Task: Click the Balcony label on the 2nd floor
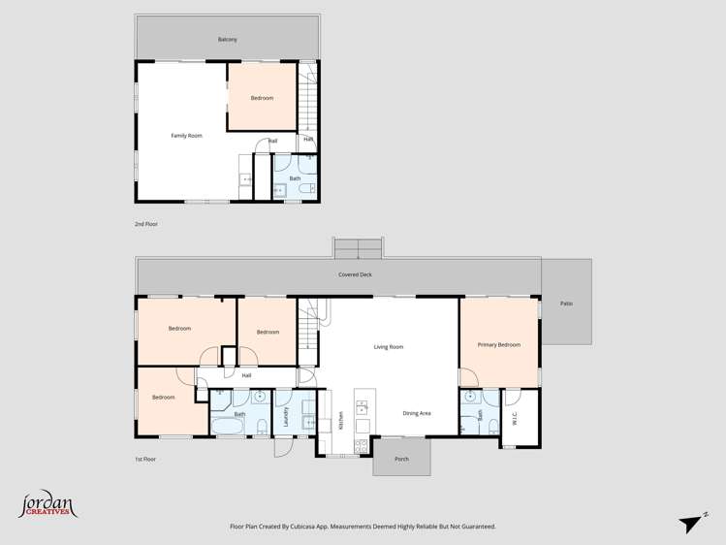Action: [227, 40]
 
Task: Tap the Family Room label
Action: [186, 136]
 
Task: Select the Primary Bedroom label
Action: [498, 345]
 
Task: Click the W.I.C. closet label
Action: [515, 418]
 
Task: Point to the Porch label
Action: [401, 460]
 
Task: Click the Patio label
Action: [566, 304]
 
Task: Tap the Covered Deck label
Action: [355, 274]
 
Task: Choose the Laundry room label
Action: [286, 417]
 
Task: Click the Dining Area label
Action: [417, 413]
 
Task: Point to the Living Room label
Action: [388, 346]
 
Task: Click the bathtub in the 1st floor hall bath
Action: [229, 427]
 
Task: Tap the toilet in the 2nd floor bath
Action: [306, 190]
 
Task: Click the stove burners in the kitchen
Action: [362, 446]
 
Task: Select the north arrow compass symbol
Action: [693, 524]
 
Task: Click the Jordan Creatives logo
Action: [47, 504]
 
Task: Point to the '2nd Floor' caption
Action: [145, 224]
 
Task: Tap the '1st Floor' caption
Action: [144, 459]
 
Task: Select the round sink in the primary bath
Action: [470, 397]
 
